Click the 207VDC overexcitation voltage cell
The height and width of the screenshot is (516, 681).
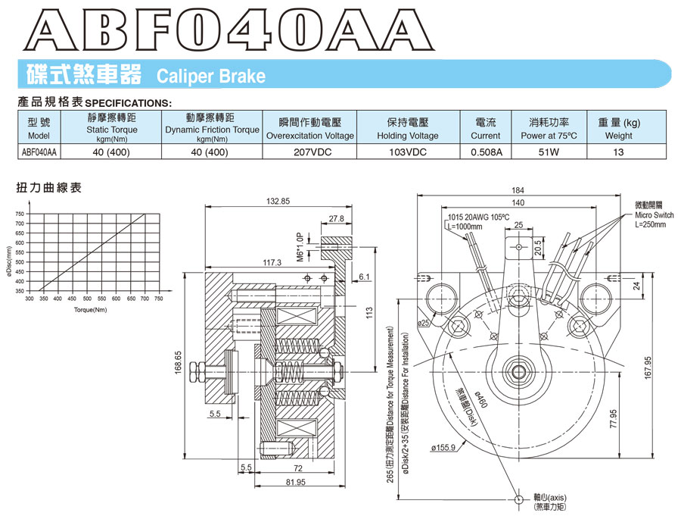point(309,151)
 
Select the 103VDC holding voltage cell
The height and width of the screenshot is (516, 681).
point(407,151)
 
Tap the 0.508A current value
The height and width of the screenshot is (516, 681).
point(485,151)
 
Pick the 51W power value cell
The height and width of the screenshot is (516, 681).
point(549,151)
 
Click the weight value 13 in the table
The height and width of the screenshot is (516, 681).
point(618,151)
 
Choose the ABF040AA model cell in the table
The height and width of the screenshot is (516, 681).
point(38,151)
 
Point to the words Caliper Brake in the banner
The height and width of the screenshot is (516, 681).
point(210,77)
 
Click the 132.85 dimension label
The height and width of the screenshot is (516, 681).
point(278,202)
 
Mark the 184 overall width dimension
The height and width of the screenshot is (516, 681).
point(518,190)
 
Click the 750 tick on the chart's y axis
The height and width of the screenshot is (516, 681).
point(19,214)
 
